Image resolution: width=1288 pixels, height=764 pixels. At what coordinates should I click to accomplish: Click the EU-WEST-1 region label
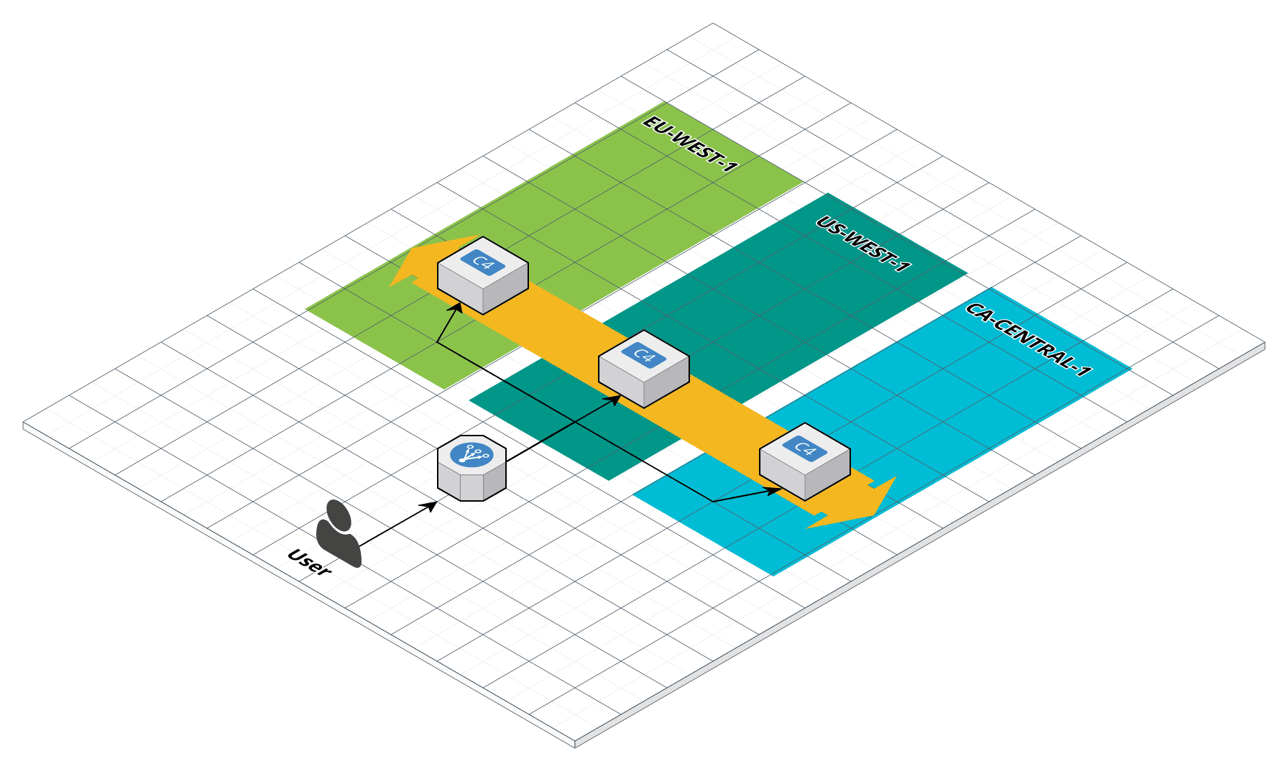(690, 144)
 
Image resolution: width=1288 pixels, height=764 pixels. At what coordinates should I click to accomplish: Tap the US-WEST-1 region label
(862, 244)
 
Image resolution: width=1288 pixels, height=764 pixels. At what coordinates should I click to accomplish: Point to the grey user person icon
(338, 535)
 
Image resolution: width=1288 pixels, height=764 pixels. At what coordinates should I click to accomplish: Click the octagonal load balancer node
(471, 469)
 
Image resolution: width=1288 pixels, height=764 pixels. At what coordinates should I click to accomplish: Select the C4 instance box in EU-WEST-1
(483, 277)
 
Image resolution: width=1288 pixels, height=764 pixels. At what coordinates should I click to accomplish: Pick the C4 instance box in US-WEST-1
(644, 369)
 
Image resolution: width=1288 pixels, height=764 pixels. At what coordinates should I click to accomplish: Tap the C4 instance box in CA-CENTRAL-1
(805, 462)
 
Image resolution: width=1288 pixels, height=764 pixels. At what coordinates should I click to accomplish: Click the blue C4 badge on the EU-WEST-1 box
(483, 262)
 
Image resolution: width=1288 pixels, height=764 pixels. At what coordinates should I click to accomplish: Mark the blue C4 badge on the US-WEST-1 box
(644, 355)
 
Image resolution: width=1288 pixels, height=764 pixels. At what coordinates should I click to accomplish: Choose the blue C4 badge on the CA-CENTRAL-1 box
(805, 448)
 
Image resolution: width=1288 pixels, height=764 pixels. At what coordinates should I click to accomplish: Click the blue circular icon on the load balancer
(471, 454)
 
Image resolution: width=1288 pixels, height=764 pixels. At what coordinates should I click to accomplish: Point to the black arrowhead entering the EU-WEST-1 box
(456, 308)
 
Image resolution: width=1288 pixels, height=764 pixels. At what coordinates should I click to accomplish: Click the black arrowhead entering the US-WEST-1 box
(615, 399)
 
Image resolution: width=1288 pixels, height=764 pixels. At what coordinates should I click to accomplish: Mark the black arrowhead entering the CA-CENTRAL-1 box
(774, 491)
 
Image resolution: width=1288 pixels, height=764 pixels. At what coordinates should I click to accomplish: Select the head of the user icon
(339, 514)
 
